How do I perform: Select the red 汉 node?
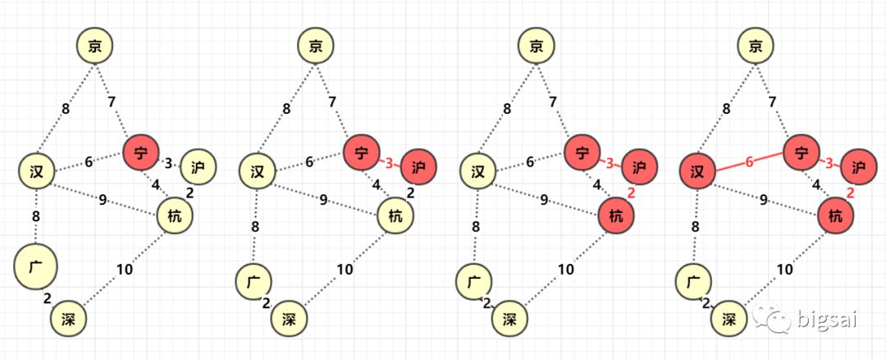coord(698,172)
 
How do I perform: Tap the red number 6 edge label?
coord(748,162)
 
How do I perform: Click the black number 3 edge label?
coord(168,163)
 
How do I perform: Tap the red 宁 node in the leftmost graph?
coord(141,152)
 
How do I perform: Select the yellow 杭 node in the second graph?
coord(395,216)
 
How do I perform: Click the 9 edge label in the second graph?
coord(324,198)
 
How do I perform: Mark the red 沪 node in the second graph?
coord(418,167)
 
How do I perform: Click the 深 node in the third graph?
coord(509,318)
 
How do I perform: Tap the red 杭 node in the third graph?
coord(616,216)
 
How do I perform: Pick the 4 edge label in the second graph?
coord(377,185)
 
